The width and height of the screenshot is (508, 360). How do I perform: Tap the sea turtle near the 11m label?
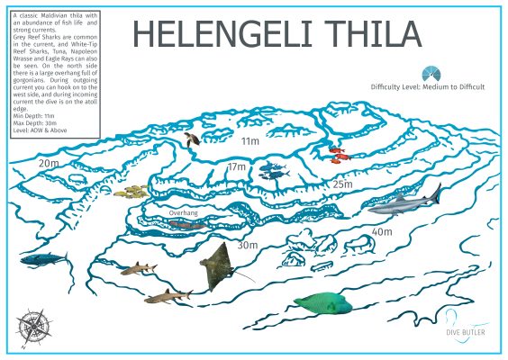pos(193,139)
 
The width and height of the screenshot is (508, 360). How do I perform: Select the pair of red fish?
pos(337,155)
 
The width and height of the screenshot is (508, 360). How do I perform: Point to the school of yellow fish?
pos(133,191)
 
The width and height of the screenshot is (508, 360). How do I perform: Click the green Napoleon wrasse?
pos(327,306)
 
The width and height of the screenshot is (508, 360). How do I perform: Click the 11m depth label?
pos(249,141)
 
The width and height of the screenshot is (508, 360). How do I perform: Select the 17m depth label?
pos(237,166)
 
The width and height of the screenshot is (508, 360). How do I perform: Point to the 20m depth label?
pos(49,164)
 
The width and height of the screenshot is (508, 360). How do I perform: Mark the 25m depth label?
pos(342,184)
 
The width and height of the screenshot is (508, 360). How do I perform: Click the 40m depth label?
pos(382,231)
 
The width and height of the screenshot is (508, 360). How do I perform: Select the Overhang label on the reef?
pos(183,213)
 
